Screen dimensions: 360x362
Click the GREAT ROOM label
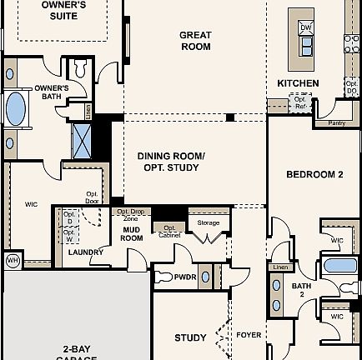tap(195, 41)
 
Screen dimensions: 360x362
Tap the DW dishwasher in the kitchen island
tap(305, 27)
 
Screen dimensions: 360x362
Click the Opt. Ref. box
tap(299, 102)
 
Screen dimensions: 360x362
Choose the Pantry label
tap(336, 122)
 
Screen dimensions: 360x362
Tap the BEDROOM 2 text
tap(314, 175)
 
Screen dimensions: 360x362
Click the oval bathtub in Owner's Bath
tap(15, 108)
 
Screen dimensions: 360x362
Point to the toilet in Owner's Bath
tap(79, 67)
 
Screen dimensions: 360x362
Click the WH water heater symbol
tap(13, 260)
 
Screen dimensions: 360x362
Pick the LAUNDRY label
tap(85, 252)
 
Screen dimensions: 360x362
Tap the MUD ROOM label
tap(132, 233)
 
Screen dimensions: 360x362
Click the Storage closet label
tap(209, 223)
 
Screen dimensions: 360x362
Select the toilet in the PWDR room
tap(163, 277)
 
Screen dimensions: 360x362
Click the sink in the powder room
tap(205, 277)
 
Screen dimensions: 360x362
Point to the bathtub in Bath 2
tap(339, 266)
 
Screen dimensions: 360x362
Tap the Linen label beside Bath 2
tap(279, 267)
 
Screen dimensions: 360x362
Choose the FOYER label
tap(249, 335)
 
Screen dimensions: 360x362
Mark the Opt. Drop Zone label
tap(131, 214)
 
